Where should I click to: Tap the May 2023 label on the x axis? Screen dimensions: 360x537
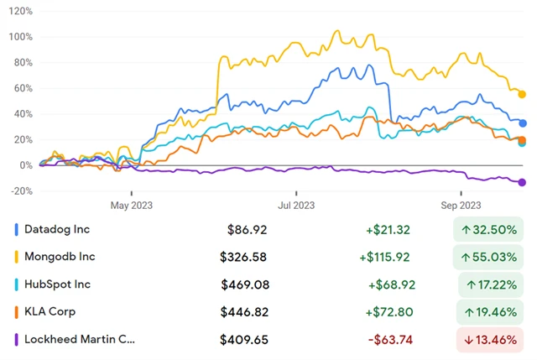pos(131,205)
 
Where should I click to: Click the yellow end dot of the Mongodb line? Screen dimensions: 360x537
pos(522,94)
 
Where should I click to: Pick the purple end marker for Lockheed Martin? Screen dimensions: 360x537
pos(522,182)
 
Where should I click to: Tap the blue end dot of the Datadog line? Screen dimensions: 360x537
pos(522,123)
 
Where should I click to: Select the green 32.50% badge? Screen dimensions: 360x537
pos(490,229)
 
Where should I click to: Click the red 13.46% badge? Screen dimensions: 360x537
pos(490,340)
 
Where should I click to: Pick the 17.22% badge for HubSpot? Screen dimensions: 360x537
pos(490,284)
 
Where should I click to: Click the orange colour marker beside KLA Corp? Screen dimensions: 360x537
pos(17,312)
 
